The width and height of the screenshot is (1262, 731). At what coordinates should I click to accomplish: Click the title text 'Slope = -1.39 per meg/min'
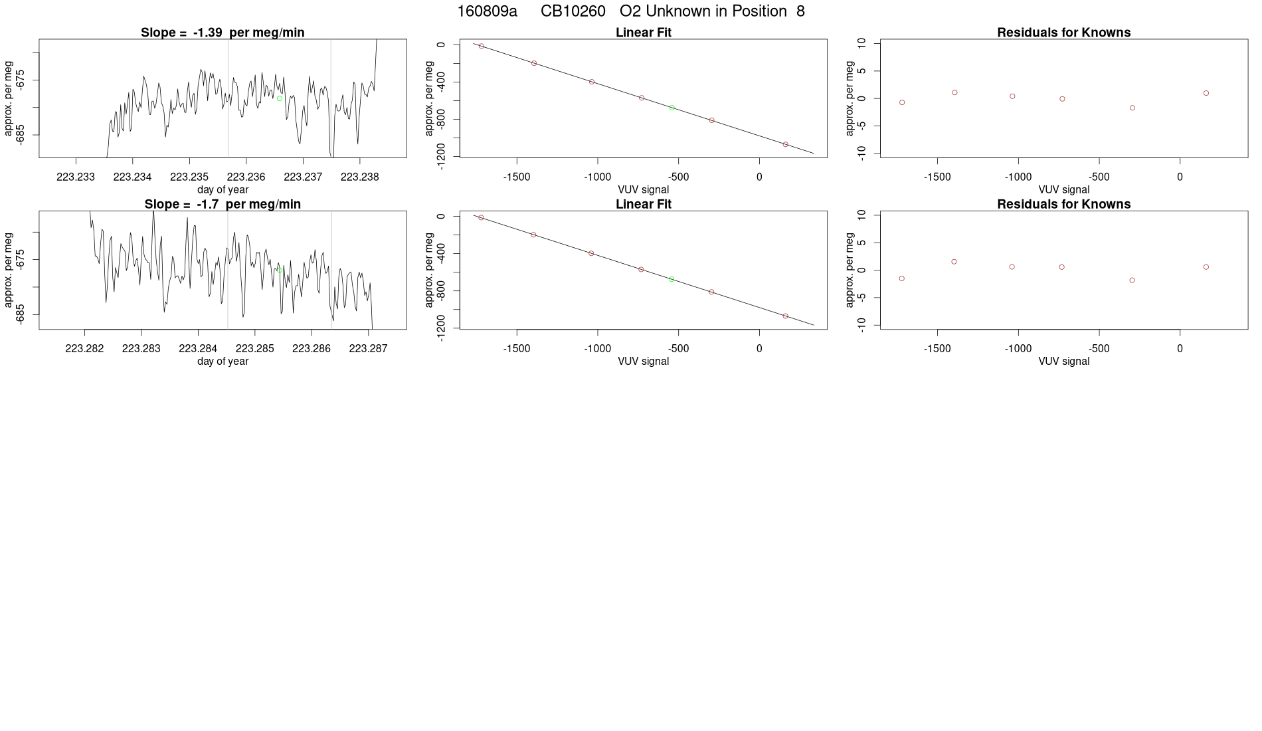(223, 33)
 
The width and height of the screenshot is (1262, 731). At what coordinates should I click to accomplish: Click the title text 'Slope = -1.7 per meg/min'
(223, 204)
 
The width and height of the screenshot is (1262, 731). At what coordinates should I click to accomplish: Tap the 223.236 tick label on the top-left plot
(246, 177)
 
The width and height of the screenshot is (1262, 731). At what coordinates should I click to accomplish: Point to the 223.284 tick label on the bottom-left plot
(198, 348)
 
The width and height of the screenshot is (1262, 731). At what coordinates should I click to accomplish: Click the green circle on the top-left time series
(280, 98)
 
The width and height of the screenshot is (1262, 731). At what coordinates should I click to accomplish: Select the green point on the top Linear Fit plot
(672, 107)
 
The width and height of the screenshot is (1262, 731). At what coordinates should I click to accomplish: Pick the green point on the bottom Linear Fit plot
(672, 279)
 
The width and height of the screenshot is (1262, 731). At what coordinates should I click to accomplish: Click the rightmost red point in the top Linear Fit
(785, 144)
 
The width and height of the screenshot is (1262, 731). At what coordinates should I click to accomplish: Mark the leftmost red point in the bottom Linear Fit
(481, 217)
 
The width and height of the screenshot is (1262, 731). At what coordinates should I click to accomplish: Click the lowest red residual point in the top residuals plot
(1132, 108)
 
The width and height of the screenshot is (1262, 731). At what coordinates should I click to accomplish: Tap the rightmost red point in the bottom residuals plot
(1206, 267)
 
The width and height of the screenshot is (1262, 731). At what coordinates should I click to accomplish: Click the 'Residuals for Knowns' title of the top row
(1063, 33)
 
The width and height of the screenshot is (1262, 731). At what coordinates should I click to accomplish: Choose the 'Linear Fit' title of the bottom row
(643, 204)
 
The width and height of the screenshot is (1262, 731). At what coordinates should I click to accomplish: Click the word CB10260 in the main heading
(573, 11)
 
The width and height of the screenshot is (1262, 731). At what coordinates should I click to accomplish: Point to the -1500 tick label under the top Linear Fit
(516, 177)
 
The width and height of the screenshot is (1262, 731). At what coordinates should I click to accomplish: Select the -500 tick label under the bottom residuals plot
(1099, 348)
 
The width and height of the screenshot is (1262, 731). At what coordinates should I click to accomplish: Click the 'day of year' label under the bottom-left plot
(223, 361)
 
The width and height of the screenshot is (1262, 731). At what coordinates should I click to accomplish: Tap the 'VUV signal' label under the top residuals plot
(1063, 189)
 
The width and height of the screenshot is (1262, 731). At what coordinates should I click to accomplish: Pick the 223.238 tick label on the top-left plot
(360, 177)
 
